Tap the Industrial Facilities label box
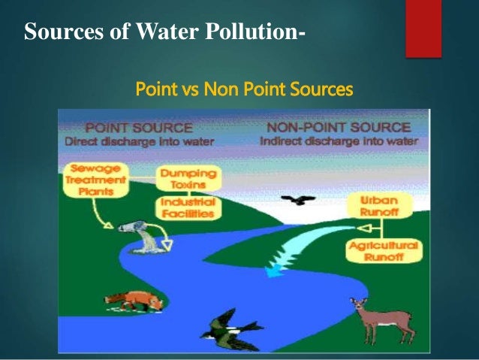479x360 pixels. pyautogui.click(x=187, y=207)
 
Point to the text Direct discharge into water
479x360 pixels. pyautogui.click(x=139, y=141)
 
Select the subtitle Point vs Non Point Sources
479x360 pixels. pyautogui.click(x=243, y=91)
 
